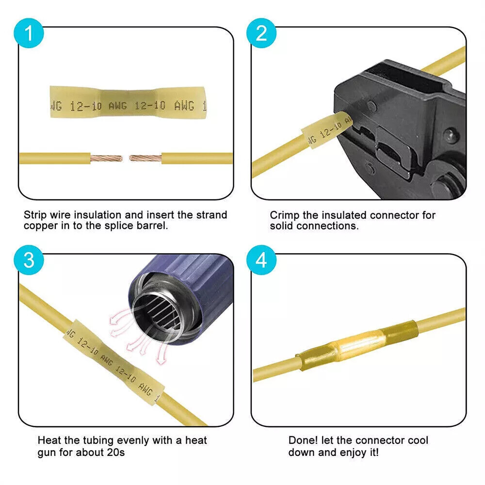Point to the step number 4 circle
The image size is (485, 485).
[x=261, y=260]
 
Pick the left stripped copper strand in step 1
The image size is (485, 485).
[x=106, y=158]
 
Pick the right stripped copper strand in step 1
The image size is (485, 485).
[x=145, y=158]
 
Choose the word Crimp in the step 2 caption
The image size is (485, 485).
[x=283, y=215]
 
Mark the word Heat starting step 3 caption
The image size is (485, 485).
[x=48, y=440]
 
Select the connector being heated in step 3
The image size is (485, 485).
[x=114, y=361]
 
